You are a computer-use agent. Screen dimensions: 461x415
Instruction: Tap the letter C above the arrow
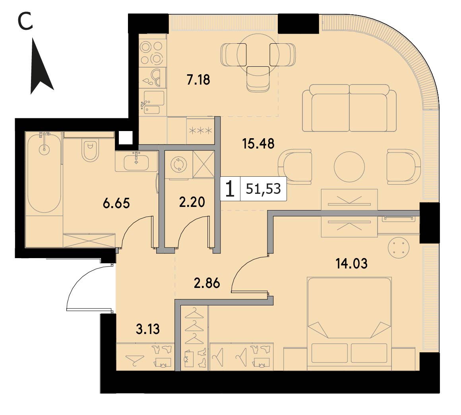[x=25, y=22]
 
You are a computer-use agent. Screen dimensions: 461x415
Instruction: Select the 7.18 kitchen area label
[x=198, y=80]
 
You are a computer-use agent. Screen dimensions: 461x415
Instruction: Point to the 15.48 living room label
[x=258, y=144]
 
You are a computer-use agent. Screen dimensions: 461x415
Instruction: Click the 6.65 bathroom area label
[x=116, y=203]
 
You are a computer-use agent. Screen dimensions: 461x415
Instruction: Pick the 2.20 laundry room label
[x=192, y=202]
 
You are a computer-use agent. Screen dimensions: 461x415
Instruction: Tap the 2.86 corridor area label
[x=207, y=284]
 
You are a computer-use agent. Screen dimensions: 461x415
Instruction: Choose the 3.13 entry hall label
[x=147, y=329]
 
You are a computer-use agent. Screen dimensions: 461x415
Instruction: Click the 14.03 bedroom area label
[x=352, y=263]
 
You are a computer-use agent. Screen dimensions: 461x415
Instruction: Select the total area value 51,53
[x=263, y=189]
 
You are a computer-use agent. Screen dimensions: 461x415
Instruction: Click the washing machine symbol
[x=178, y=164]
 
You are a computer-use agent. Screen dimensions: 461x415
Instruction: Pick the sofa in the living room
[x=349, y=108]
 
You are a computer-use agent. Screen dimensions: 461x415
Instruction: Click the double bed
[x=349, y=323]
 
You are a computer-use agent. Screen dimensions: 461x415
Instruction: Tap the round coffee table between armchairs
[x=349, y=167]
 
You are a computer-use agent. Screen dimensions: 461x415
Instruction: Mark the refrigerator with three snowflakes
[x=200, y=131]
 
